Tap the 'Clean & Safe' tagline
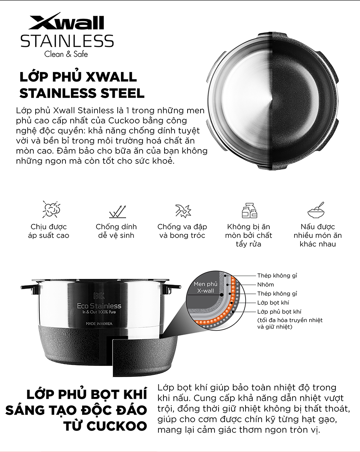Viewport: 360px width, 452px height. click(x=66, y=54)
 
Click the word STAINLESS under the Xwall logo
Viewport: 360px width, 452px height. click(x=67, y=41)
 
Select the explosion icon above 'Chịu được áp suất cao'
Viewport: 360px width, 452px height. click(x=51, y=209)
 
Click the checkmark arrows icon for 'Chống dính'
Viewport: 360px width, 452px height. click(x=118, y=211)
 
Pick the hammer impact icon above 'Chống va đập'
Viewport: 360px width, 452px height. click(x=183, y=211)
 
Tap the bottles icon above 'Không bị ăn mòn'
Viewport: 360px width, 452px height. click(x=249, y=210)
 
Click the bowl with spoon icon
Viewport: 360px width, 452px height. click(x=316, y=210)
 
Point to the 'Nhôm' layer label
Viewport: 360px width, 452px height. click(x=266, y=285)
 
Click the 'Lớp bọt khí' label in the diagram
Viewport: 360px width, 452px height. click(x=273, y=303)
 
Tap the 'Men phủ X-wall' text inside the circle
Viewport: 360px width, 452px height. click(x=205, y=287)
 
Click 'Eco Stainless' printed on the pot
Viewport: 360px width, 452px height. click(x=99, y=306)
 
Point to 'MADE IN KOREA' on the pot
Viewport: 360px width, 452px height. click(x=99, y=324)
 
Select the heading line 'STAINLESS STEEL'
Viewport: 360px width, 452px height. click(x=82, y=93)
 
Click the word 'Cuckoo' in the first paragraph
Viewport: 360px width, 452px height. click(x=124, y=121)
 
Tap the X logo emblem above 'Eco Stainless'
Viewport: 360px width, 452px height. click(x=99, y=296)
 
